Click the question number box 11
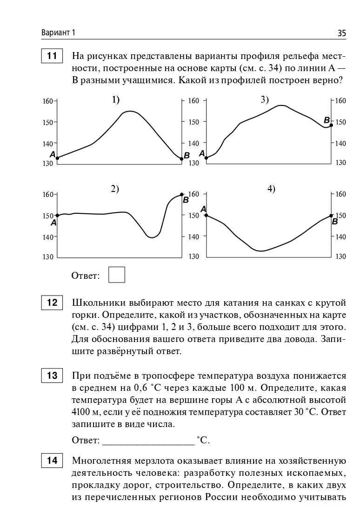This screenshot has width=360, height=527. click(x=52, y=56)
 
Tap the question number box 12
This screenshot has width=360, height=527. click(x=52, y=303)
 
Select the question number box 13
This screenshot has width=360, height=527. click(x=52, y=375)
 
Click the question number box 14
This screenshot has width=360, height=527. click(x=52, y=461)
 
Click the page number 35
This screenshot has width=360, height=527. click(x=342, y=33)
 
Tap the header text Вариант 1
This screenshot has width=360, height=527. click(x=58, y=33)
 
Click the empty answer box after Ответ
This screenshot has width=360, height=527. click(x=117, y=274)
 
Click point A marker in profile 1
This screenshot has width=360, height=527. click(x=57, y=158)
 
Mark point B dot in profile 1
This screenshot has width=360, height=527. click(x=181, y=159)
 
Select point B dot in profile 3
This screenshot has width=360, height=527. click(x=331, y=125)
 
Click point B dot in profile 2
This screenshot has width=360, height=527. click(x=181, y=194)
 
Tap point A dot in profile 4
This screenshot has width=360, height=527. click(x=206, y=215)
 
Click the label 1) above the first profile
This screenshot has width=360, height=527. click(x=115, y=99)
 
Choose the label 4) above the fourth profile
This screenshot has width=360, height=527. click(x=271, y=189)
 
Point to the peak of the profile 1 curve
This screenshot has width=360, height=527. click(x=130, y=111)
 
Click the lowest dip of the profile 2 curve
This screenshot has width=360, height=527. click(x=152, y=237)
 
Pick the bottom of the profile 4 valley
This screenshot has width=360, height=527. click(x=261, y=251)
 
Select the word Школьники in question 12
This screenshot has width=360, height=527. click(x=96, y=303)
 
